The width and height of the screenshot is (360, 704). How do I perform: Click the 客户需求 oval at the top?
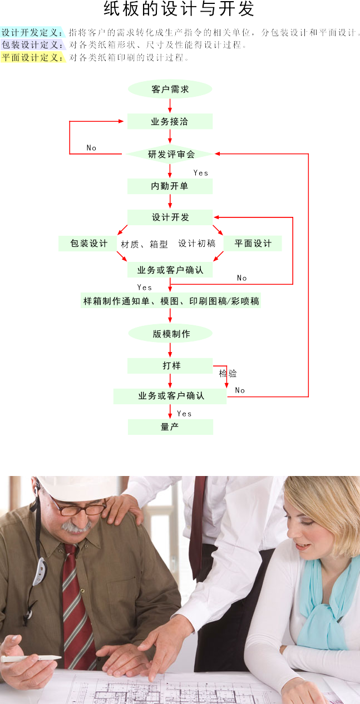tap(170, 89)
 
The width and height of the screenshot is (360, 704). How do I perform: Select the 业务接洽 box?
tap(170, 121)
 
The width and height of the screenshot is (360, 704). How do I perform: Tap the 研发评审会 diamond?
tap(170, 154)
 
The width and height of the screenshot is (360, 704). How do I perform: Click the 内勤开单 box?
tap(170, 186)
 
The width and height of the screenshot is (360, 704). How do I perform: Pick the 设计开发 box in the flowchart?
tap(170, 217)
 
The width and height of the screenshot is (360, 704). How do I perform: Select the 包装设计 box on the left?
tap(88, 244)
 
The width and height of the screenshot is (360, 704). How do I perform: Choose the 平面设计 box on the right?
tap(253, 244)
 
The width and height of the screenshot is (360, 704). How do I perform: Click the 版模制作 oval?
tap(170, 334)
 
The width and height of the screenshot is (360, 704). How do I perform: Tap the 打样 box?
tap(170, 366)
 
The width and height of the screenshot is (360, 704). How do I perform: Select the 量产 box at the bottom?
tap(170, 427)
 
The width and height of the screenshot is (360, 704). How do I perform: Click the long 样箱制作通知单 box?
tap(170, 301)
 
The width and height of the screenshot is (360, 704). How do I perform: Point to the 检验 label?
tap(228, 374)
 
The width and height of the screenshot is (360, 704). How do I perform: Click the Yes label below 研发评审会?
tap(201, 173)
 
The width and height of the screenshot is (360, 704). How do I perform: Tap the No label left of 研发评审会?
tap(91, 148)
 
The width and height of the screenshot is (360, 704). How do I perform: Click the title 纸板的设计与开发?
tap(179, 9)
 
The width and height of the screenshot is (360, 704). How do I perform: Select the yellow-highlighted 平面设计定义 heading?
tap(32, 57)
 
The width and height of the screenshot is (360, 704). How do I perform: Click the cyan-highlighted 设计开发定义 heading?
tap(32, 33)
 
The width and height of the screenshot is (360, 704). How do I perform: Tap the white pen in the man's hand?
tap(31, 658)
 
